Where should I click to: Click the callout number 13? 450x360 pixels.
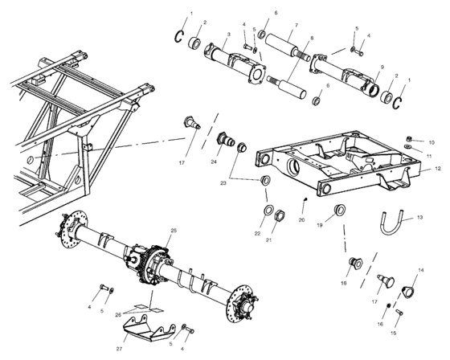(x=421, y=218)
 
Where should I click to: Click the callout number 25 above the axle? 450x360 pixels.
(x=172, y=231)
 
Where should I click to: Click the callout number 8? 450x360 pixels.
(x=313, y=39)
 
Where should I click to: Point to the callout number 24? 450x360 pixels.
(x=215, y=161)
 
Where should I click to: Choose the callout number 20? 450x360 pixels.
(x=302, y=219)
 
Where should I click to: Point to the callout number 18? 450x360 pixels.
(x=344, y=283)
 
